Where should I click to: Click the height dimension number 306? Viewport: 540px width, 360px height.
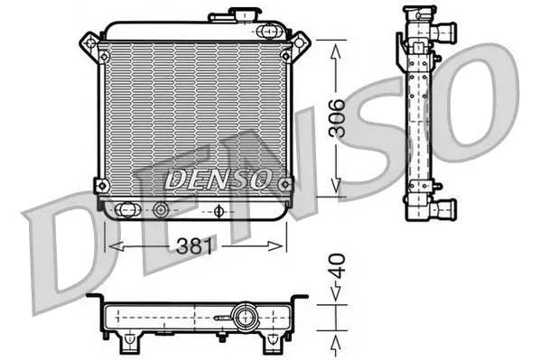tap(336, 118)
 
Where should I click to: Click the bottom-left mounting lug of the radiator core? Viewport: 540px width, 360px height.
tap(101, 185)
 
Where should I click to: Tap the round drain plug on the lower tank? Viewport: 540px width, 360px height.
tap(162, 211)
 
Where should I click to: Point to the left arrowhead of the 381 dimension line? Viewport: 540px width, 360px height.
tap(112, 247)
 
